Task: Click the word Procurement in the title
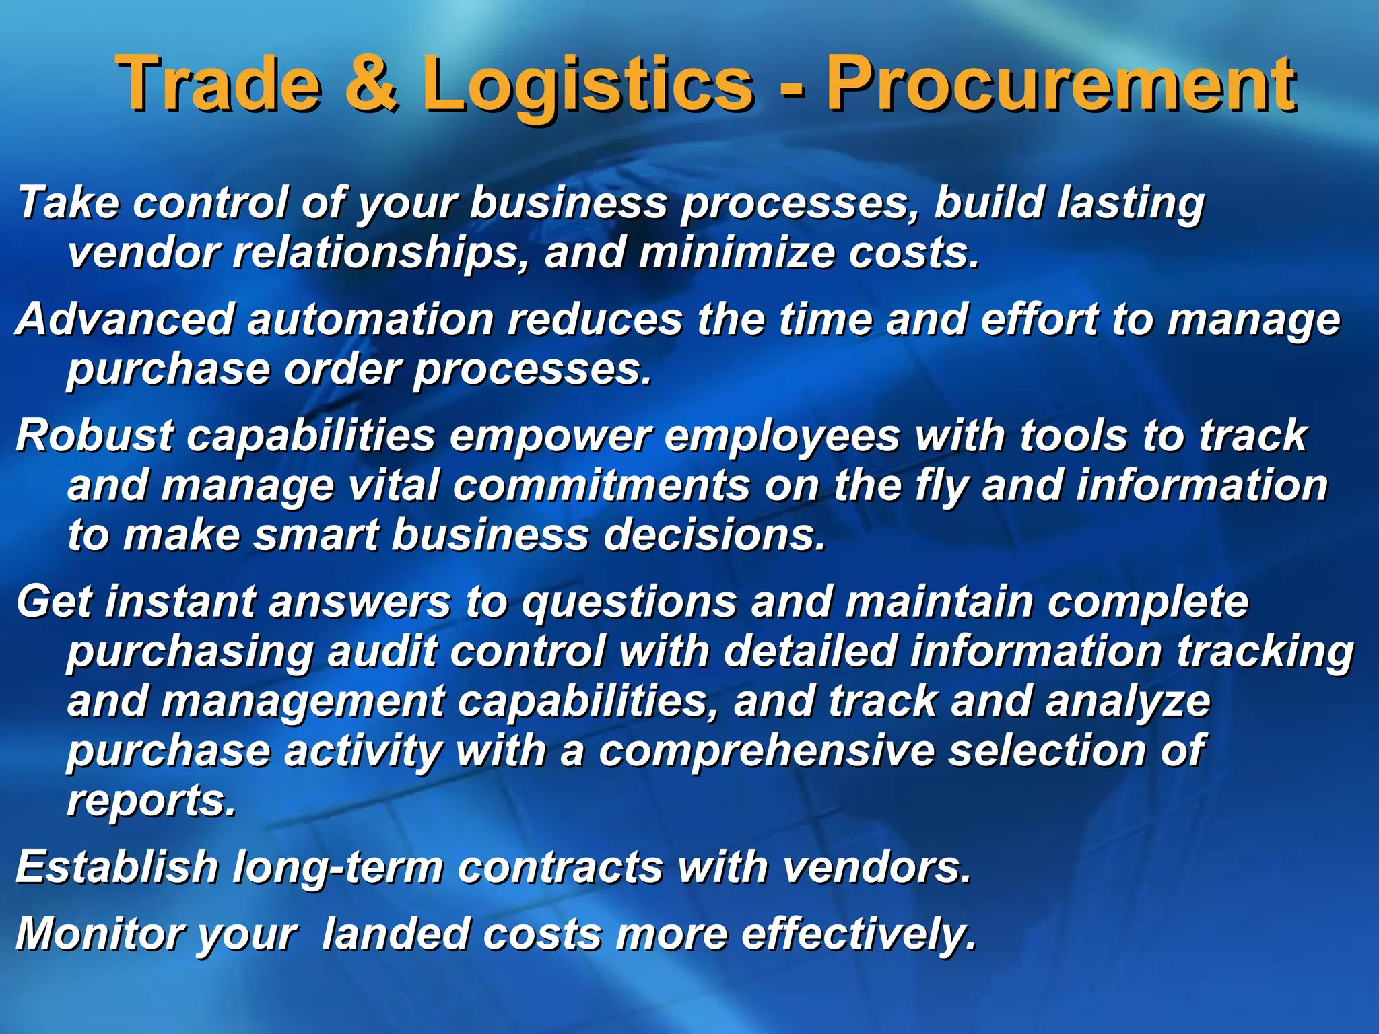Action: coord(1061,83)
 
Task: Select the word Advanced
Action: coord(125,318)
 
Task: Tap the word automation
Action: coord(371,318)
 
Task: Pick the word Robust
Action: coord(94,435)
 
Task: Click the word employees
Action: coord(782,436)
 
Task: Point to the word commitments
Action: coord(601,485)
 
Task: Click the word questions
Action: coord(630,602)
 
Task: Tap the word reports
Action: coord(152,801)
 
